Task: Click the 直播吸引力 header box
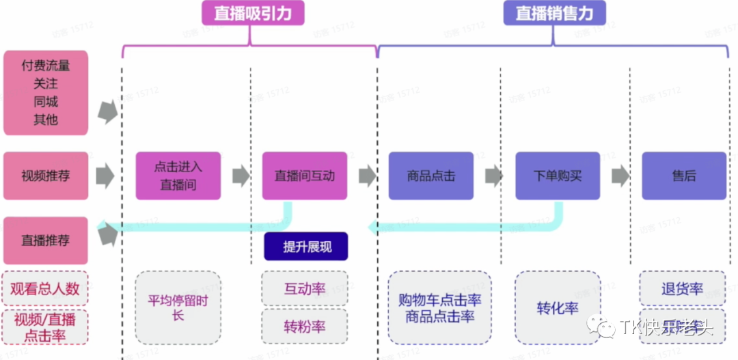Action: pyautogui.click(x=252, y=14)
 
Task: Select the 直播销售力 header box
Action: pyautogui.click(x=554, y=14)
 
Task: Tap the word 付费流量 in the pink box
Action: pyautogui.click(x=46, y=66)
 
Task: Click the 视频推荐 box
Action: pyautogui.click(x=46, y=176)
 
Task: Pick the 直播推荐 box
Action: pyautogui.click(x=46, y=240)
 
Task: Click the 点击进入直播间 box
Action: pyautogui.click(x=178, y=176)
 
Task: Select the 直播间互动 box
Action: pyautogui.click(x=305, y=176)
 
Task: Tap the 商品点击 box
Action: pyautogui.click(x=431, y=176)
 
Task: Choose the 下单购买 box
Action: pyautogui.click(x=558, y=176)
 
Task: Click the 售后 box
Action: pyautogui.click(x=684, y=176)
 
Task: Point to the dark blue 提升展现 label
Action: pyautogui.click(x=307, y=247)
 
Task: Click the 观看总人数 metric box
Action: pyautogui.click(x=45, y=288)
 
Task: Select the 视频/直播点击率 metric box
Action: pyautogui.click(x=45, y=327)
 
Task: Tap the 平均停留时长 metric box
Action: pyautogui.click(x=178, y=307)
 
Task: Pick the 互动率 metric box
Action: pyautogui.click(x=305, y=289)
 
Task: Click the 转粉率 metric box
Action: pyautogui.click(x=305, y=327)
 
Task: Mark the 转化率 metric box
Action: pyautogui.click(x=558, y=307)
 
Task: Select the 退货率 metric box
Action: pyautogui.click(x=682, y=289)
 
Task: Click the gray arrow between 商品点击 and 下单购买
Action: pyautogui.click(x=494, y=176)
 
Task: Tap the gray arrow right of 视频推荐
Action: pyautogui.click(x=105, y=176)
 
